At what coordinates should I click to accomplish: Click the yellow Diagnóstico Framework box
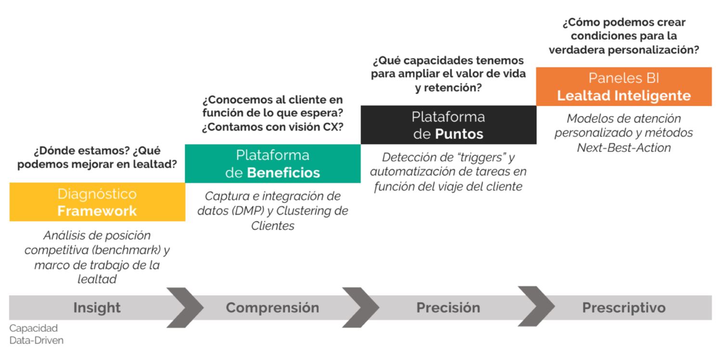pyautogui.click(x=97, y=202)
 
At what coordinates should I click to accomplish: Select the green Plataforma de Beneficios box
pyautogui.click(x=273, y=164)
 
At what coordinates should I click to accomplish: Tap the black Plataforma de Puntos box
pyautogui.click(x=448, y=125)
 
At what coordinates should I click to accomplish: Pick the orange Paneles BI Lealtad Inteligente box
pyautogui.click(x=624, y=87)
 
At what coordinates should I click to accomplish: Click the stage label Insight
pyautogui.click(x=97, y=308)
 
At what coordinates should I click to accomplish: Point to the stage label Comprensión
pyautogui.click(x=273, y=308)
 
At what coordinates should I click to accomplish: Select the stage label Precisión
pyautogui.click(x=448, y=308)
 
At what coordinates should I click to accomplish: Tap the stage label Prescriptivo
pyautogui.click(x=624, y=308)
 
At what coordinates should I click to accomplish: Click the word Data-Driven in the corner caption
pyautogui.click(x=37, y=340)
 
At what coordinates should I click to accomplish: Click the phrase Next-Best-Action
pyautogui.click(x=624, y=148)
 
